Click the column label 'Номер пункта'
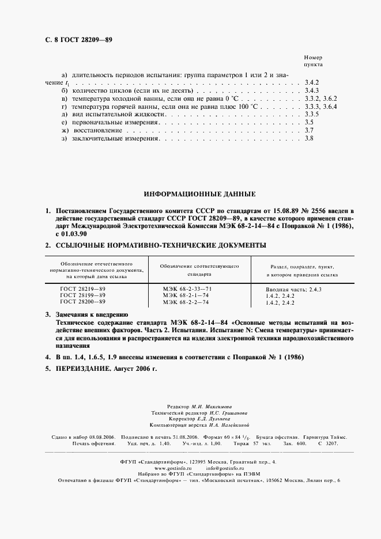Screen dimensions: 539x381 [313, 62]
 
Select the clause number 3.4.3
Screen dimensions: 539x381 [311, 91]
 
